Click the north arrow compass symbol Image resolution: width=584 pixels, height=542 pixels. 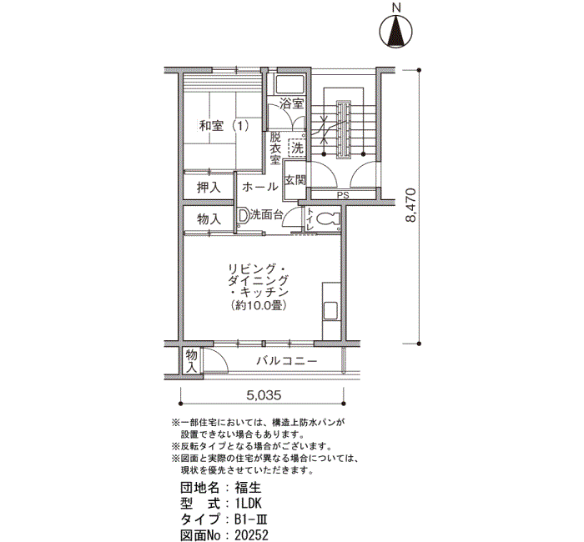(395, 32)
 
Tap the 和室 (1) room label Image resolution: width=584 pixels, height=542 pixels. (224, 126)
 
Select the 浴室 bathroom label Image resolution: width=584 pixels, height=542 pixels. (292, 103)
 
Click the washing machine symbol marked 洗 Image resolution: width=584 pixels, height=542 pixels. (297, 148)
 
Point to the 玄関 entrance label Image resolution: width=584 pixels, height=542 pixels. (295, 180)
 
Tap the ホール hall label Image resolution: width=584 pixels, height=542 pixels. (260, 187)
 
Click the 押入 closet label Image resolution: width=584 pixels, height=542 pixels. (209, 188)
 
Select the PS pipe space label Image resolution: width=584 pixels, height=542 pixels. (343, 194)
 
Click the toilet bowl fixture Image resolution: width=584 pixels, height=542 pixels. (329, 219)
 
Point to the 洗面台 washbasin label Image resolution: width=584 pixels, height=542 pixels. (267, 215)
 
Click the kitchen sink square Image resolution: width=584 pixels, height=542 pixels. (330, 310)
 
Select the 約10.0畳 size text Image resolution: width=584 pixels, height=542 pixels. (259, 306)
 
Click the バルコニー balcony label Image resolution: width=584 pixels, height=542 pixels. (286, 361)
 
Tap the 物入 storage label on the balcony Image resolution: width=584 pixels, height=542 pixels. (191, 361)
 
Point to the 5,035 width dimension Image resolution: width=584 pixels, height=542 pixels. (264, 395)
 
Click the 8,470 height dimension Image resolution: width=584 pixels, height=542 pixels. (410, 205)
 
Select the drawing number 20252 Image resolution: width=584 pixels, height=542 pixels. (251, 535)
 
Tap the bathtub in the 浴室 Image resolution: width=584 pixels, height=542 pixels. (289, 84)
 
